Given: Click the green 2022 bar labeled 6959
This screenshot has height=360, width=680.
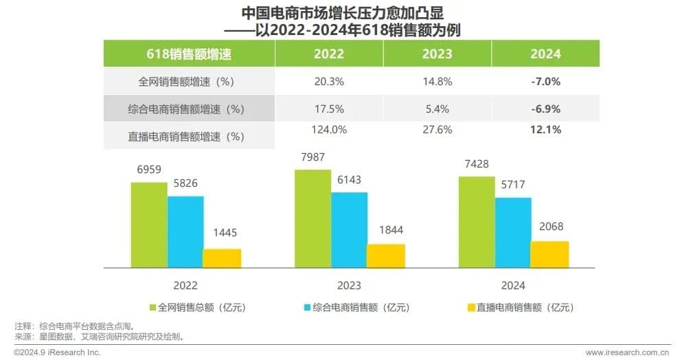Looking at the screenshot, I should (148, 224).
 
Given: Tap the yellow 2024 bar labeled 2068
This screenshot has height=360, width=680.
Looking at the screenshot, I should (549, 254).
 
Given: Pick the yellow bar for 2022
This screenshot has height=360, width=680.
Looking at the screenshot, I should (221, 258).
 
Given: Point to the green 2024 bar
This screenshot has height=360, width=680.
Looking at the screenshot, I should (477, 222).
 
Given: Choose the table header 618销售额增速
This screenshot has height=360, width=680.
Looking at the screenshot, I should (190, 54).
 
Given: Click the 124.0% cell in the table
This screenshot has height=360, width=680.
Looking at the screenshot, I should (329, 128).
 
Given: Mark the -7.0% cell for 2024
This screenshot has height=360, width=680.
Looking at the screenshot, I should (546, 81).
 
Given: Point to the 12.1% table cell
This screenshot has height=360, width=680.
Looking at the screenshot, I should (546, 128).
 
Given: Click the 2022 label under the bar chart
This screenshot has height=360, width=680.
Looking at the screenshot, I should (185, 285).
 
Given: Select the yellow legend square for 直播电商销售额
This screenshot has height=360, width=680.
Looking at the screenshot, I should (471, 307).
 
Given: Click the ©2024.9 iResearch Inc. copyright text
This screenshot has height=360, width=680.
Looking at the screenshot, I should (58, 352).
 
